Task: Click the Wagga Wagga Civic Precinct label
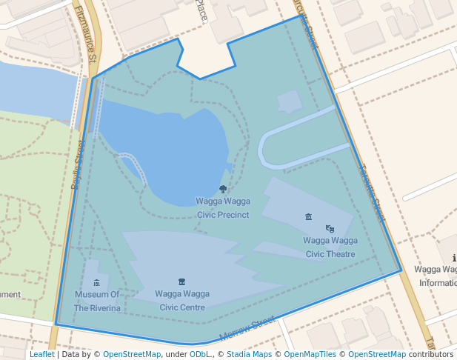pyautogui.click(x=223, y=208)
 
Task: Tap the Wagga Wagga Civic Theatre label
pyautogui.click(x=330, y=247)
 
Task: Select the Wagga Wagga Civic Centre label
pyautogui.click(x=182, y=300)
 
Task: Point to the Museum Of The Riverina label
pyautogui.click(x=97, y=301)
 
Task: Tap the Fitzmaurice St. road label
pyautogui.click(x=88, y=33)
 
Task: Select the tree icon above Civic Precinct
pyautogui.click(x=223, y=190)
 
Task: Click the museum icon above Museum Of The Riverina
pyautogui.click(x=97, y=283)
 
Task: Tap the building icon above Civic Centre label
pyautogui.click(x=181, y=282)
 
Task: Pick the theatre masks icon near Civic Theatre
pyautogui.click(x=330, y=229)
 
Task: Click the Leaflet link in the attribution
pyautogui.click(x=41, y=354)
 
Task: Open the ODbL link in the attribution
pyautogui.click(x=200, y=354)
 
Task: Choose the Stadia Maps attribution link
pyautogui.click(x=249, y=354)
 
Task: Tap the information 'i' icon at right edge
pyautogui.click(x=453, y=259)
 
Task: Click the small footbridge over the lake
pyautogui.click(x=134, y=167)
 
